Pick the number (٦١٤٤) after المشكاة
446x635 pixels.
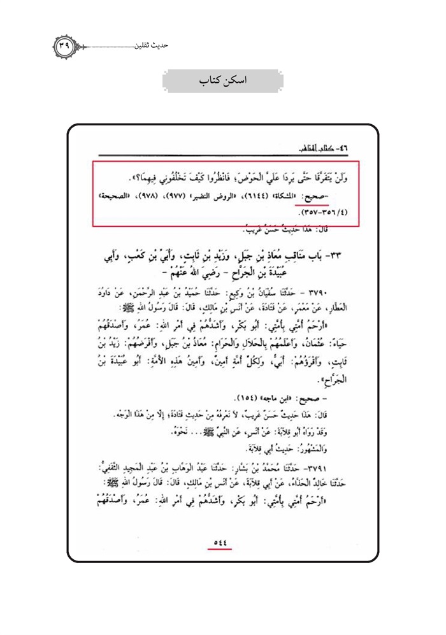click(258, 199)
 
